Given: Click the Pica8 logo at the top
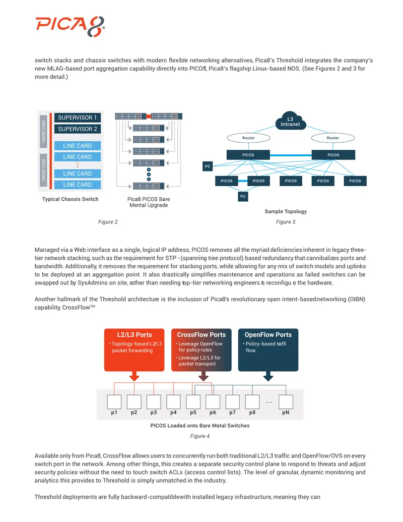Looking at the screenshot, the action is [x=70, y=26].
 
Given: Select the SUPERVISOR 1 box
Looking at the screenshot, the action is [x=78, y=118].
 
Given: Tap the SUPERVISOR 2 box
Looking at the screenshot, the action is [x=78, y=129].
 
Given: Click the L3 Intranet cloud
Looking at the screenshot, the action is [x=290, y=121].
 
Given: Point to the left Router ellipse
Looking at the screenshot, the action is [x=248, y=138].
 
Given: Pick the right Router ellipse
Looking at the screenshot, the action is [x=333, y=138].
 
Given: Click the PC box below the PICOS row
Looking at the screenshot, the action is [x=243, y=196].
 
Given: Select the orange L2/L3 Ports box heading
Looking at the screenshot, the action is [x=135, y=334].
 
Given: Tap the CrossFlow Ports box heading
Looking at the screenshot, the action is [x=201, y=334].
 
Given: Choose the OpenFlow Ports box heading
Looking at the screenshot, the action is [x=268, y=334].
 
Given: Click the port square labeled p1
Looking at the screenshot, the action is [x=114, y=402].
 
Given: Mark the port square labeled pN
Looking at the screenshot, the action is [x=286, y=402].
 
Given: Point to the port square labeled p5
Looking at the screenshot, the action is [x=193, y=402].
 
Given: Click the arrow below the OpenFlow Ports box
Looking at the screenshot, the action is [x=268, y=376].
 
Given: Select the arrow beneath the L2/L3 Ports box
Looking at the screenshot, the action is [x=135, y=376].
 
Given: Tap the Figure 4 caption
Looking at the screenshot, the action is [x=200, y=436].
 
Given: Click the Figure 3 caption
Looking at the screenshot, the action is [x=286, y=222].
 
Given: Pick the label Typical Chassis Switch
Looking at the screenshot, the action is [x=70, y=199].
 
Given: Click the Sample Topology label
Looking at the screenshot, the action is [x=286, y=211].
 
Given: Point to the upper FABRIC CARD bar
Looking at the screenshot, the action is [x=43, y=131].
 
